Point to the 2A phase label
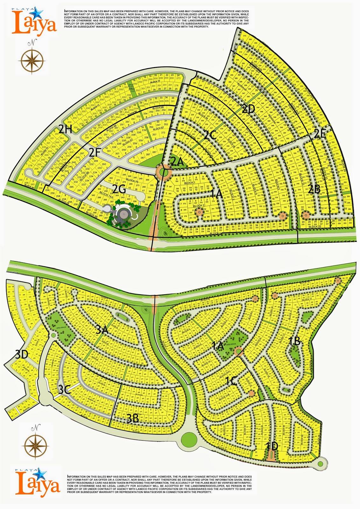tap(177, 162)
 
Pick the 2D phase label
tap(248, 109)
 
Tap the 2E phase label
tap(320, 134)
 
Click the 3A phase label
tap(102, 330)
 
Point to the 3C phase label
tap(65, 390)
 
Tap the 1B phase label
tap(294, 341)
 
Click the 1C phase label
tap(231, 381)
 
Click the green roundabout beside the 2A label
tap(163, 172)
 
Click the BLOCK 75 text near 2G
tap(132, 180)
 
